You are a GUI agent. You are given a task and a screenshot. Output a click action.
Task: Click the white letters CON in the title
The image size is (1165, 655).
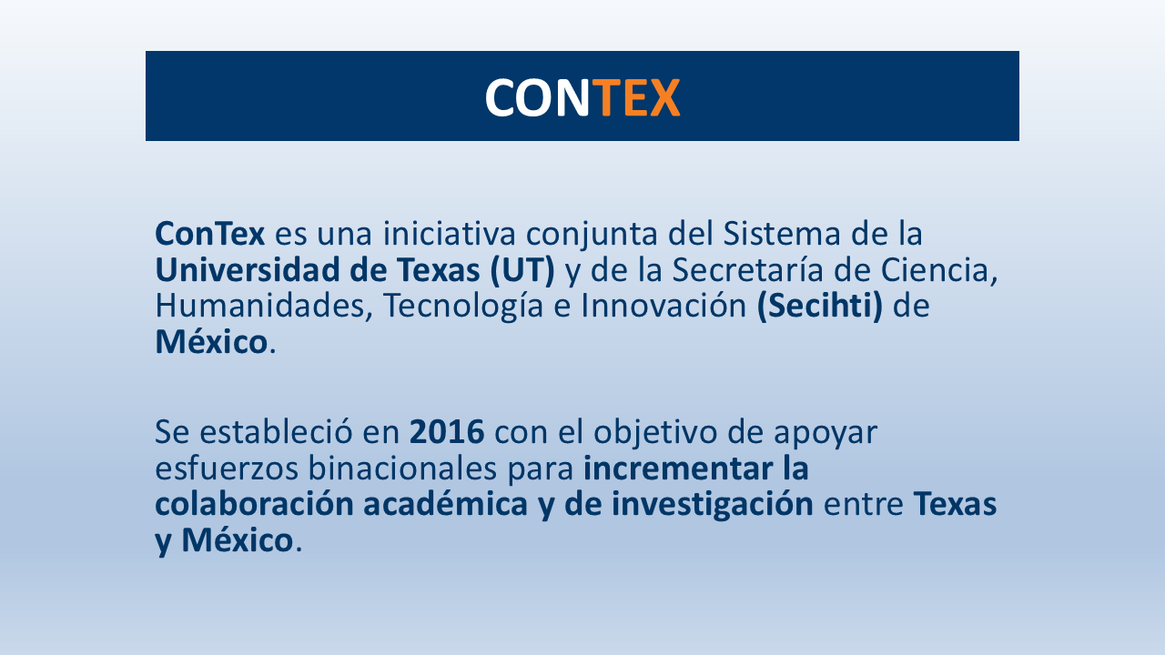coord(537,97)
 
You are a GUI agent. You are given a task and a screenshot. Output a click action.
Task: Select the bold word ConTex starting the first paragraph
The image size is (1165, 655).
coord(209,234)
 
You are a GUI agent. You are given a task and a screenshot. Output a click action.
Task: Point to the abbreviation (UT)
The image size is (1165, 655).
coord(522,270)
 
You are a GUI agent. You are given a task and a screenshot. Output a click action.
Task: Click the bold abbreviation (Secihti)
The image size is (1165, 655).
coord(820,307)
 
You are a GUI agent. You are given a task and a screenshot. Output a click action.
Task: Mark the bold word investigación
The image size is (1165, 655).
coord(712,505)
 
